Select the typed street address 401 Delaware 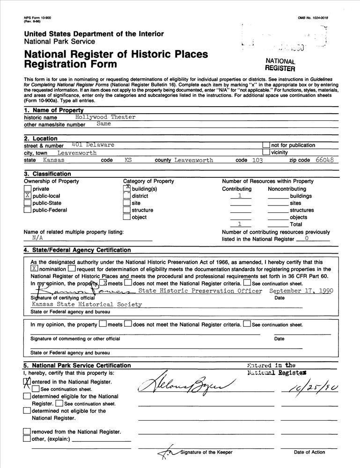93,145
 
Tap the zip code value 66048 324,160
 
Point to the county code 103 257,160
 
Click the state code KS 128,160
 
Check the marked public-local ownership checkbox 27,196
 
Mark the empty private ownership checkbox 27,189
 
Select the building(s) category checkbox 127,188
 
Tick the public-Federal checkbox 27,210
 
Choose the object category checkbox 127,217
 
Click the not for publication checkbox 266,145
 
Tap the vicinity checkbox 266,152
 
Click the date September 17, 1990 301,291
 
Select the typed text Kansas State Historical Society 86,304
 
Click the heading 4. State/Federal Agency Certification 77,250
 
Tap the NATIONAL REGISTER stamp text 280,65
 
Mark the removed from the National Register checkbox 27,431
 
